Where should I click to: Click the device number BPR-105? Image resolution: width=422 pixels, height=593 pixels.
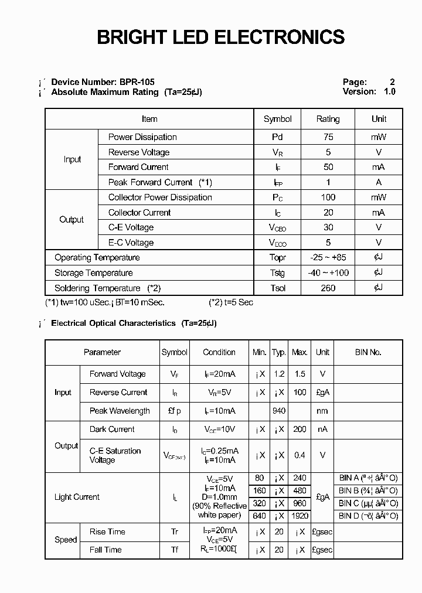(x=136, y=82)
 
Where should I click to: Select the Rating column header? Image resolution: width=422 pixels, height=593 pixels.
(x=328, y=119)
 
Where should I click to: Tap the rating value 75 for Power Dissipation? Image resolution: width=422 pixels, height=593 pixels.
(x=328, y=137)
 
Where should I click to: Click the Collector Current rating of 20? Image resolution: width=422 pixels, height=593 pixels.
(x=328, y=213)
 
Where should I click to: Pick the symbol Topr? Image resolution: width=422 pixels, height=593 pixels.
(x=277, y=258)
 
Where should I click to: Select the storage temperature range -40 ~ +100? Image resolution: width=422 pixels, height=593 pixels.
(x=328, y=273)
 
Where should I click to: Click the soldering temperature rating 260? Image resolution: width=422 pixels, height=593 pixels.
(x=328, y=288)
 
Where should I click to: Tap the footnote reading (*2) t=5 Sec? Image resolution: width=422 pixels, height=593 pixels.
(x=231, y=302)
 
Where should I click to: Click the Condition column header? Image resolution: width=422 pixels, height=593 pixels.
(x=219, y=352)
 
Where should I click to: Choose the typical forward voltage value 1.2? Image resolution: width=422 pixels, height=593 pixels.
(x=279, y=374)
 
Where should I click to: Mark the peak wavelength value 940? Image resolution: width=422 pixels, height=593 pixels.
(x=279, y=411)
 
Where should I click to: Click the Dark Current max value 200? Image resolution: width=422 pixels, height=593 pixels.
(x=300, y=430)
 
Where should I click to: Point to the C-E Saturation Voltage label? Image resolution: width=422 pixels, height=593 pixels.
(x=115, y=455)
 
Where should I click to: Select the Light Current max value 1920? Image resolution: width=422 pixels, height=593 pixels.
(x=300, y=516)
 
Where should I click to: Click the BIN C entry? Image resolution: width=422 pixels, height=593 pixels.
(x=368, y=503)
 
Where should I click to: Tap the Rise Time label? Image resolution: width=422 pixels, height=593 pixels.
(x=107, y=531)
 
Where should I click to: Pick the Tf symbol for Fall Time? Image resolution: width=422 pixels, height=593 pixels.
(x=175, y=550)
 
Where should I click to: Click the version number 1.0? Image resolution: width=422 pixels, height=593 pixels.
(x=389, y=91)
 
